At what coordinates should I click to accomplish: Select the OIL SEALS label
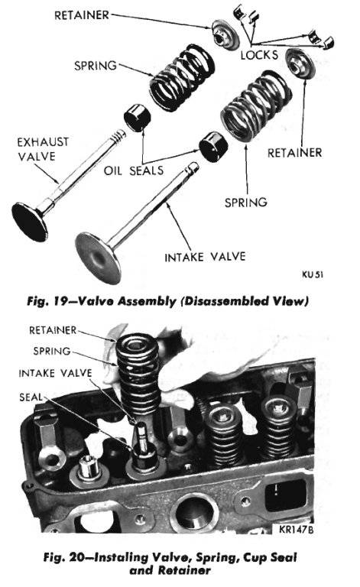click(134, 170)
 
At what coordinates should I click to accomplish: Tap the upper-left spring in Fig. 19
click(178, 76)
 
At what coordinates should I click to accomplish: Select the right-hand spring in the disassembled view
click(248, 106)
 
